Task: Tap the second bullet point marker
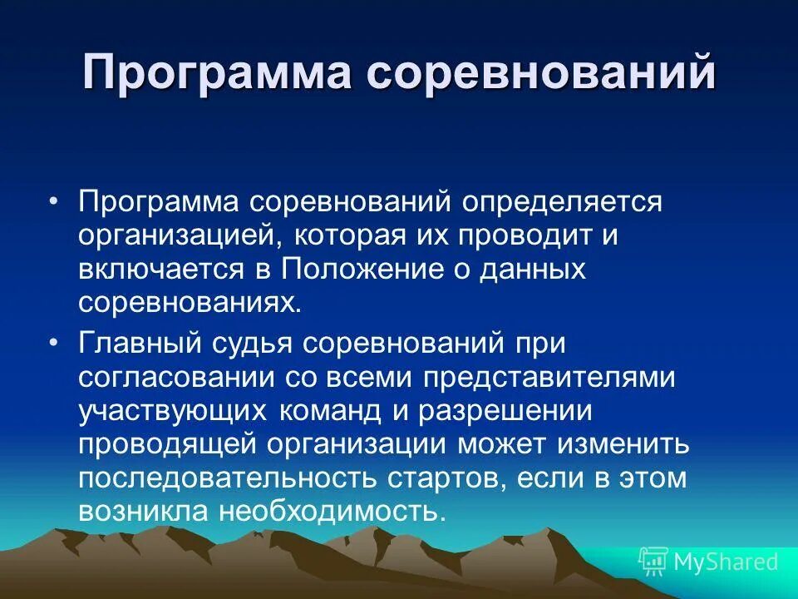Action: click(54, 343)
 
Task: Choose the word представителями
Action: click(549, 376)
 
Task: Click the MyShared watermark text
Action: click(726, 562)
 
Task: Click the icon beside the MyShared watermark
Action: click(653, 562)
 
